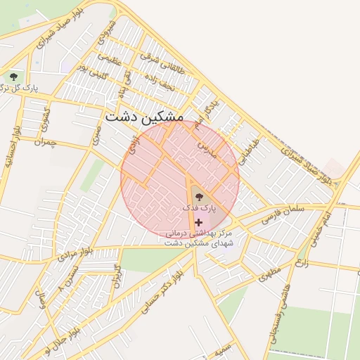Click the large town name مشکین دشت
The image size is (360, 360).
(x=144, y=118)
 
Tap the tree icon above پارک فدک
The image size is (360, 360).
(x=198, y=197)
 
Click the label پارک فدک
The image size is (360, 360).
(x=199, y=208)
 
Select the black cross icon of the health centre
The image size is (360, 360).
(x=198, y=222)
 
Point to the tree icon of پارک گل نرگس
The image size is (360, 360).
(x=13, y=76)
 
